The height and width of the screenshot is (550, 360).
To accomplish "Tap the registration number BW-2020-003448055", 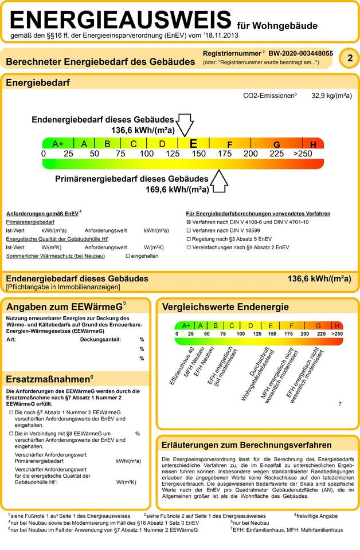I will [301, 53].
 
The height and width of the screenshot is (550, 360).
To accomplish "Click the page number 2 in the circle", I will [349, 58].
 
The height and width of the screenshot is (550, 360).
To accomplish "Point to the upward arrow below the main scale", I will [220, 182].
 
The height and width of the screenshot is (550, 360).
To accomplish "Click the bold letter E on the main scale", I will [193, 144].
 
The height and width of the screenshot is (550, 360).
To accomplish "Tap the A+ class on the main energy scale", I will [58, 144].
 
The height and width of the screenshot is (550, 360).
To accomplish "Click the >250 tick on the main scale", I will [302, 154].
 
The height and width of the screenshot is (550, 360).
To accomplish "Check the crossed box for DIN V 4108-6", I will [189, 222].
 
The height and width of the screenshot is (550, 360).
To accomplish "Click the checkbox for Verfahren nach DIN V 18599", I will [189, 230].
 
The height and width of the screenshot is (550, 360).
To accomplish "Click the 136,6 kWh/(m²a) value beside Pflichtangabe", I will [319, 279].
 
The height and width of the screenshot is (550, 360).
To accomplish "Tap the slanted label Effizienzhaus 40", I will [183, 364].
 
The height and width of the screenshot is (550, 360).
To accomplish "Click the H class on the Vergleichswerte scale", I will [337, 325].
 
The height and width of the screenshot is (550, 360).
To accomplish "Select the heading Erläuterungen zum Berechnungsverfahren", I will [247, 445].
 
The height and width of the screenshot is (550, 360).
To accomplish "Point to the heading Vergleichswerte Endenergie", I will [225, 307].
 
